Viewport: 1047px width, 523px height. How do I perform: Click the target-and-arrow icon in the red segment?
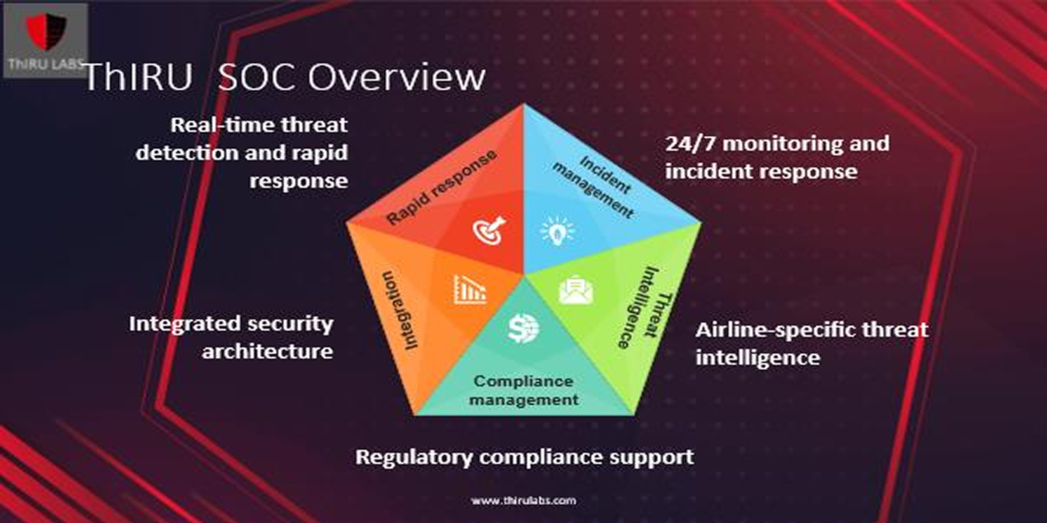[x=489, y=230]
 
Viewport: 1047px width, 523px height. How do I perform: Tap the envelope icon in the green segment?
[x=576, y=290]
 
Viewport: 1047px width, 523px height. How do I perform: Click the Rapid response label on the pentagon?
[x=441, y=187]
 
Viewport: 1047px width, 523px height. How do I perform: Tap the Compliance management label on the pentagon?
[x=524, y=390]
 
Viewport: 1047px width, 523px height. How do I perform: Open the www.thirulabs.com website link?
[x=523, y=501]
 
